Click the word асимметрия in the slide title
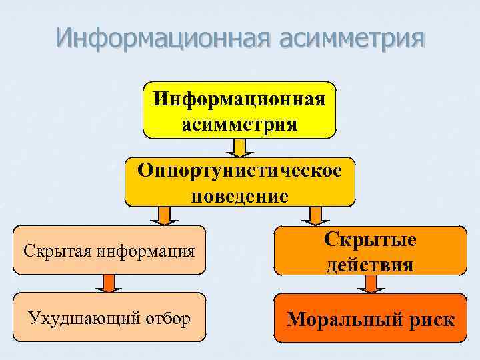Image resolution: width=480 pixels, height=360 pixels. point(352,38)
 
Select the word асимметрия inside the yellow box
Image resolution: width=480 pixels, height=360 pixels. point(239,124)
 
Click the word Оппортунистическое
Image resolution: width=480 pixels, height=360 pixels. point(239,170)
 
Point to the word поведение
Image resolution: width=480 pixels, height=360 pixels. point(239,196)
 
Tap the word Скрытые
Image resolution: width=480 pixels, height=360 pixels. point(370,240)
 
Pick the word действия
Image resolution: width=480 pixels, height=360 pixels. point(370,265)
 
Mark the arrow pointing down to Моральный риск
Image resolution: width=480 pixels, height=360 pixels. point(371,284)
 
